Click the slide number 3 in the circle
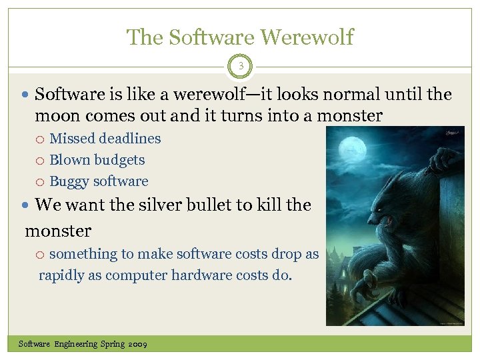pos(240,66)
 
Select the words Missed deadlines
pos(105,139)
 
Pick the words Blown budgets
pos(97,160)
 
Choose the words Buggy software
pos(99,181)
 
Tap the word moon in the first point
pos(56,116)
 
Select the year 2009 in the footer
pos(137,344)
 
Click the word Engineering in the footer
pos(75,344)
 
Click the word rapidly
pos(61,275)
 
